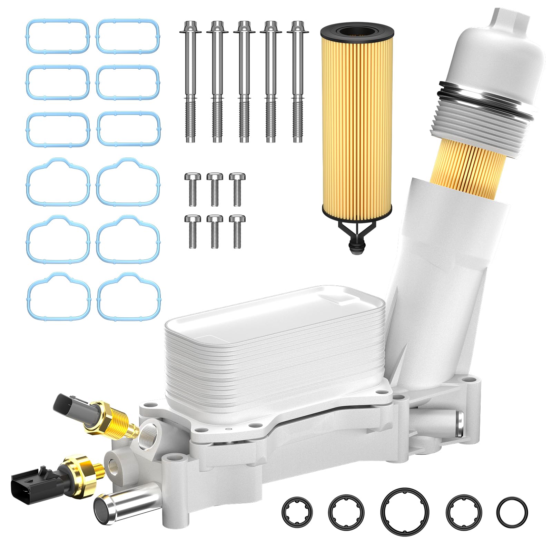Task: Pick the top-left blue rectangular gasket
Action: coord(58,36)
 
